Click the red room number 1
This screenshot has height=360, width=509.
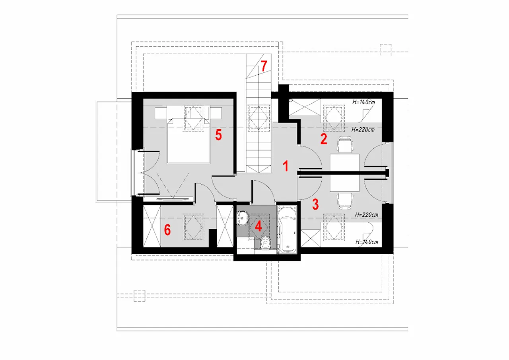tap(286, 166)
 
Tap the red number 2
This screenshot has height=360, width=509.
tap(324, 139)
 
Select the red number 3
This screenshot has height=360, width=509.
tap(315, 204)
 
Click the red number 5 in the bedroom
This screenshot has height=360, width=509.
tap(218, 135)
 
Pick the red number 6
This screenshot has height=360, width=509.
tap(167, 230)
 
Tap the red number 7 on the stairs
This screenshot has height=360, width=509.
tap(264, 66)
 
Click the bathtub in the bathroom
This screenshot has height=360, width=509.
tap(287, 229)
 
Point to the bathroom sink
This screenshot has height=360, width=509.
tap(243, 218)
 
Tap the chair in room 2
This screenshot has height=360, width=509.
tap(345, 144)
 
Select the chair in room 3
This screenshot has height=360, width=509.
tap(345, 201)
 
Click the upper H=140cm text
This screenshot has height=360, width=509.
tap(363, 102)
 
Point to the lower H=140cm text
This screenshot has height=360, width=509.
tap(367, 242)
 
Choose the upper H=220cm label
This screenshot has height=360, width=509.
tap(363, 130)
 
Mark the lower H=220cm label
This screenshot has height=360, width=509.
tap(367, 214)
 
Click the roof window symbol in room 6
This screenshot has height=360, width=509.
tap(193, 227)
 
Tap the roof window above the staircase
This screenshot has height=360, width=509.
tap(259, 118)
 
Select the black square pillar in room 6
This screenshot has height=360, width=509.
tap(212, 238)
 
